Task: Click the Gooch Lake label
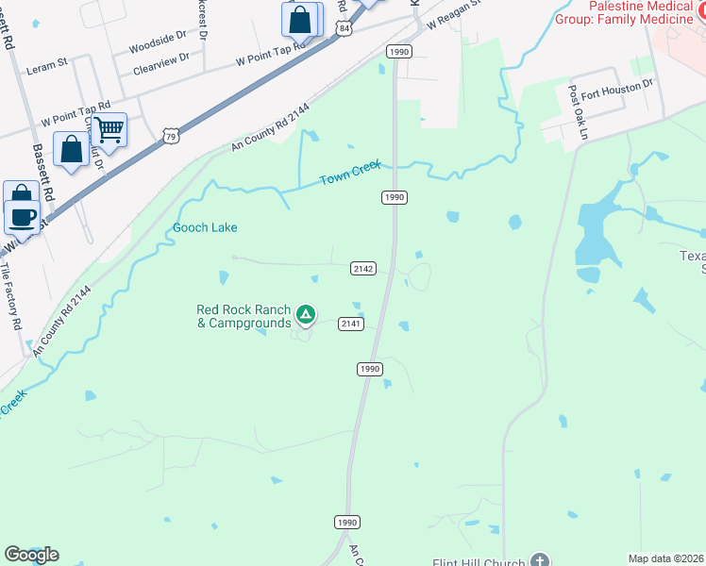(205, 227)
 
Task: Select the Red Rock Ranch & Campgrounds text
(244, 316)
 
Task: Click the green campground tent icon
(305, 314)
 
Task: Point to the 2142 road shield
(364, 269)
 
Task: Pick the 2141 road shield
(351, 324)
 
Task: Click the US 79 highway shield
(170, 137)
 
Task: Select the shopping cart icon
(109, 128)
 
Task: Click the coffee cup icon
(24, 216)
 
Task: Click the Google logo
(31, 555)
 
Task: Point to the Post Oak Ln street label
(577, 113)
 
